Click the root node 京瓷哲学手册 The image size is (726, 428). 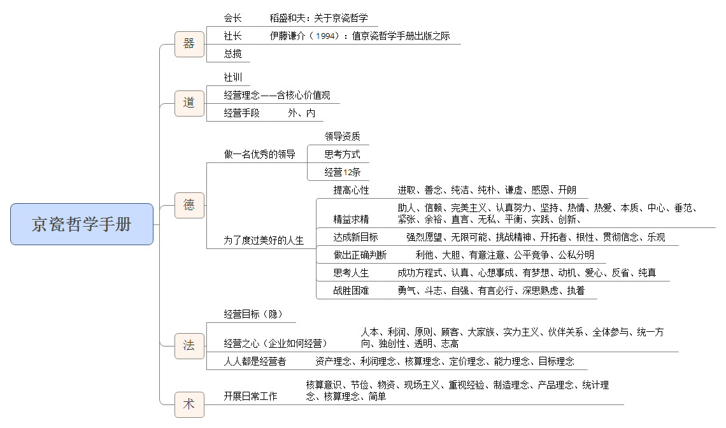(82, 224)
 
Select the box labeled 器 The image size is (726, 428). (189, 44)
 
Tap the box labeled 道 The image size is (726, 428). (189, 103)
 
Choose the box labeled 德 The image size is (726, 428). (189, 205)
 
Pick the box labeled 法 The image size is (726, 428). (189, 346)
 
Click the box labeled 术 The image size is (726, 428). (189, 404)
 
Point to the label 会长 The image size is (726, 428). (233, 18)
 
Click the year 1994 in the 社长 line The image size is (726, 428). (327, 36)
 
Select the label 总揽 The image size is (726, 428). (233, 53)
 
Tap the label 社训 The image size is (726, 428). (233, 77)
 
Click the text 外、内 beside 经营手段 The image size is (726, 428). (301, 113)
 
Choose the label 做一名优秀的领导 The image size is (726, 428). (260, 154)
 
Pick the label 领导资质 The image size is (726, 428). (342, 136)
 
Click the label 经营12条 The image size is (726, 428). (342, 173)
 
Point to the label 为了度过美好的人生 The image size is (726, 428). (264, 240)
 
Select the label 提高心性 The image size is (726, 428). (351, 190)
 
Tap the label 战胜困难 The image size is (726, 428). (351, 290)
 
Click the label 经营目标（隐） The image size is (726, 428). (253, 314)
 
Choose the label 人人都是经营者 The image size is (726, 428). (255, 361)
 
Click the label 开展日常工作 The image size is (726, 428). (250, 396)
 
